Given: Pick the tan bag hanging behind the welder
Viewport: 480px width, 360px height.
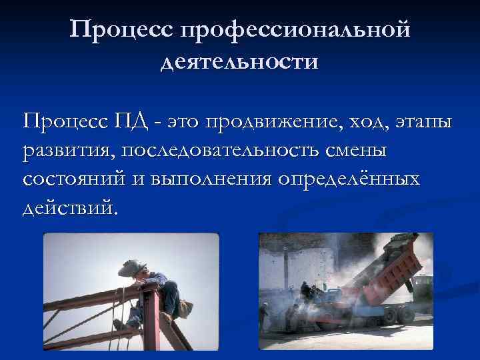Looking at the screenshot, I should tap(185, 309).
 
